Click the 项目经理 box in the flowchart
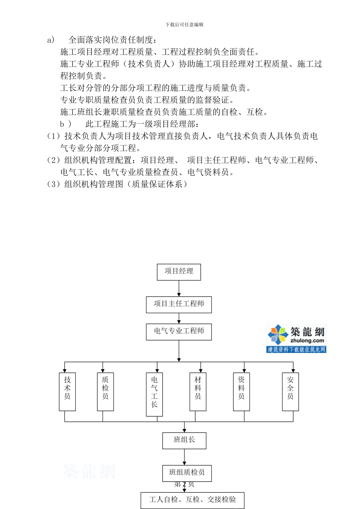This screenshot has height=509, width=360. coord(179,272)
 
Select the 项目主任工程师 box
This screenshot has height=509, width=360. coord(179,304)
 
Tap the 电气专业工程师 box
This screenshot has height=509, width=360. coord(179,332)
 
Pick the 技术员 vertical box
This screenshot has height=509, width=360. coord(67,392)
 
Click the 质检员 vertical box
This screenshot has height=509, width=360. coord(105,392)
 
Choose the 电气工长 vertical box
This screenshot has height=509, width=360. coord(154,394)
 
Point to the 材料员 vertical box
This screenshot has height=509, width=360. coord(198,392)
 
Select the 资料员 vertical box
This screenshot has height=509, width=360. coord(241,392)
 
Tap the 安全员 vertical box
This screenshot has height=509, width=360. coord(290,392)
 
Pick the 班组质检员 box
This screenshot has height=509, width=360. coord(187,473)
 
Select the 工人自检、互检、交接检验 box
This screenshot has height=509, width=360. coord(193,500)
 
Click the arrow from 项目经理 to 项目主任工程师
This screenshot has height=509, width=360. coord(179,289)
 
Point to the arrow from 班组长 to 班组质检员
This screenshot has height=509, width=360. coord(184,457)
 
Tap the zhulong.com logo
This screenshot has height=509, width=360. coord(296,338)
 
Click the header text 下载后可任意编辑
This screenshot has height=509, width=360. coord(185,25)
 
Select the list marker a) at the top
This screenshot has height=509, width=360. coord(51,40)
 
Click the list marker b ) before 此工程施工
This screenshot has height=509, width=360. coord(65,124)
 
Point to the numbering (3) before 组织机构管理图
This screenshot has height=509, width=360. coord(53,184)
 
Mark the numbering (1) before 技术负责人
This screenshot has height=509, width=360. coord(53,136)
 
